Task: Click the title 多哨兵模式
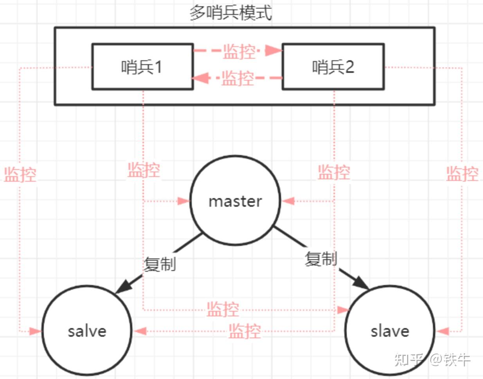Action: click(x=231, y=13)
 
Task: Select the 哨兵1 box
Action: click(x=142, y=67)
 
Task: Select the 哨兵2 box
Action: click(x=333, y=67)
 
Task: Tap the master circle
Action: click(x=235, y=201)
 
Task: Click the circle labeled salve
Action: click(x=87, y=331)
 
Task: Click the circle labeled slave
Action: click(x=390, y=331)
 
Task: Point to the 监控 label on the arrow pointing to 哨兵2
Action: click(x=239, y=51)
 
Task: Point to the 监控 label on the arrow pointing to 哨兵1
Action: click(x=238, y=78)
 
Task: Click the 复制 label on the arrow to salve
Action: click(x=160, y=264)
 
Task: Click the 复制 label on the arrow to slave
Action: click(x=321, y=259)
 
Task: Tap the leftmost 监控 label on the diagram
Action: click(x=20, y=174)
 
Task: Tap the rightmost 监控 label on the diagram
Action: click(x=462, y=173)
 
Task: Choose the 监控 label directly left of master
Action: click(x=144, y=170)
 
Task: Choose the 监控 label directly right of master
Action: click(x=333, y=172)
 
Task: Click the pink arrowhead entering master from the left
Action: click(x=184, y=201)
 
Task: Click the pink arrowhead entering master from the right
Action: click(x=288, y=201)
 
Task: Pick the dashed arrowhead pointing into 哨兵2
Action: click(x=274, y=50)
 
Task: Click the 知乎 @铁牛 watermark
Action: click(x=432, y=359)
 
